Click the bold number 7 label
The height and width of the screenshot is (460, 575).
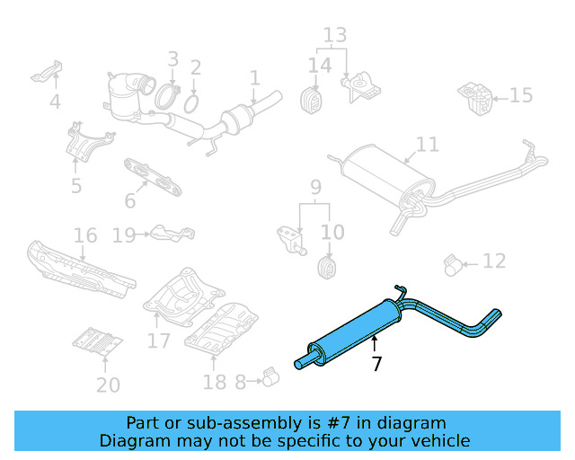(x=376, y=364)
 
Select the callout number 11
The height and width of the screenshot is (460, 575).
(x=428, y=145)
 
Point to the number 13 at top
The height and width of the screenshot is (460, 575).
(x=334, y=36)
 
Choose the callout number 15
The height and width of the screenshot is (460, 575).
(x=521, y=95)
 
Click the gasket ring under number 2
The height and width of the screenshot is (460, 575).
(x=191, y=104)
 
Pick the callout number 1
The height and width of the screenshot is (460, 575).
(x=254, y=78)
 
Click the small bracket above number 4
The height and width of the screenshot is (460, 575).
(x=50, y=71)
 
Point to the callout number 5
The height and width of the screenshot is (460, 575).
(x=76, y=186)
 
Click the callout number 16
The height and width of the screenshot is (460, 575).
(x=85, y=235)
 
